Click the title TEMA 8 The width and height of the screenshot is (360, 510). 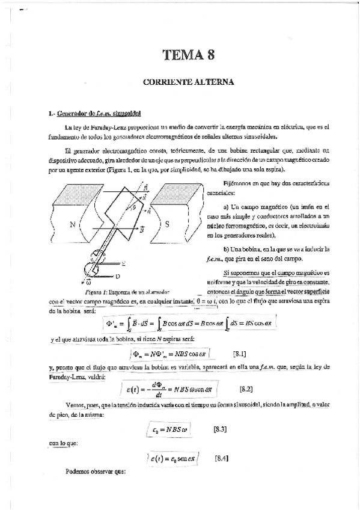coord(188,56)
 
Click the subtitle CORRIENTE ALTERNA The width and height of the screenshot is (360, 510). coord(188,80)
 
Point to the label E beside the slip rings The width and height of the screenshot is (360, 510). coord(124,263)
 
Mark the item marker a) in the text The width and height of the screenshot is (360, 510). coord(227,207)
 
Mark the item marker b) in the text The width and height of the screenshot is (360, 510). coord(226,248)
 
